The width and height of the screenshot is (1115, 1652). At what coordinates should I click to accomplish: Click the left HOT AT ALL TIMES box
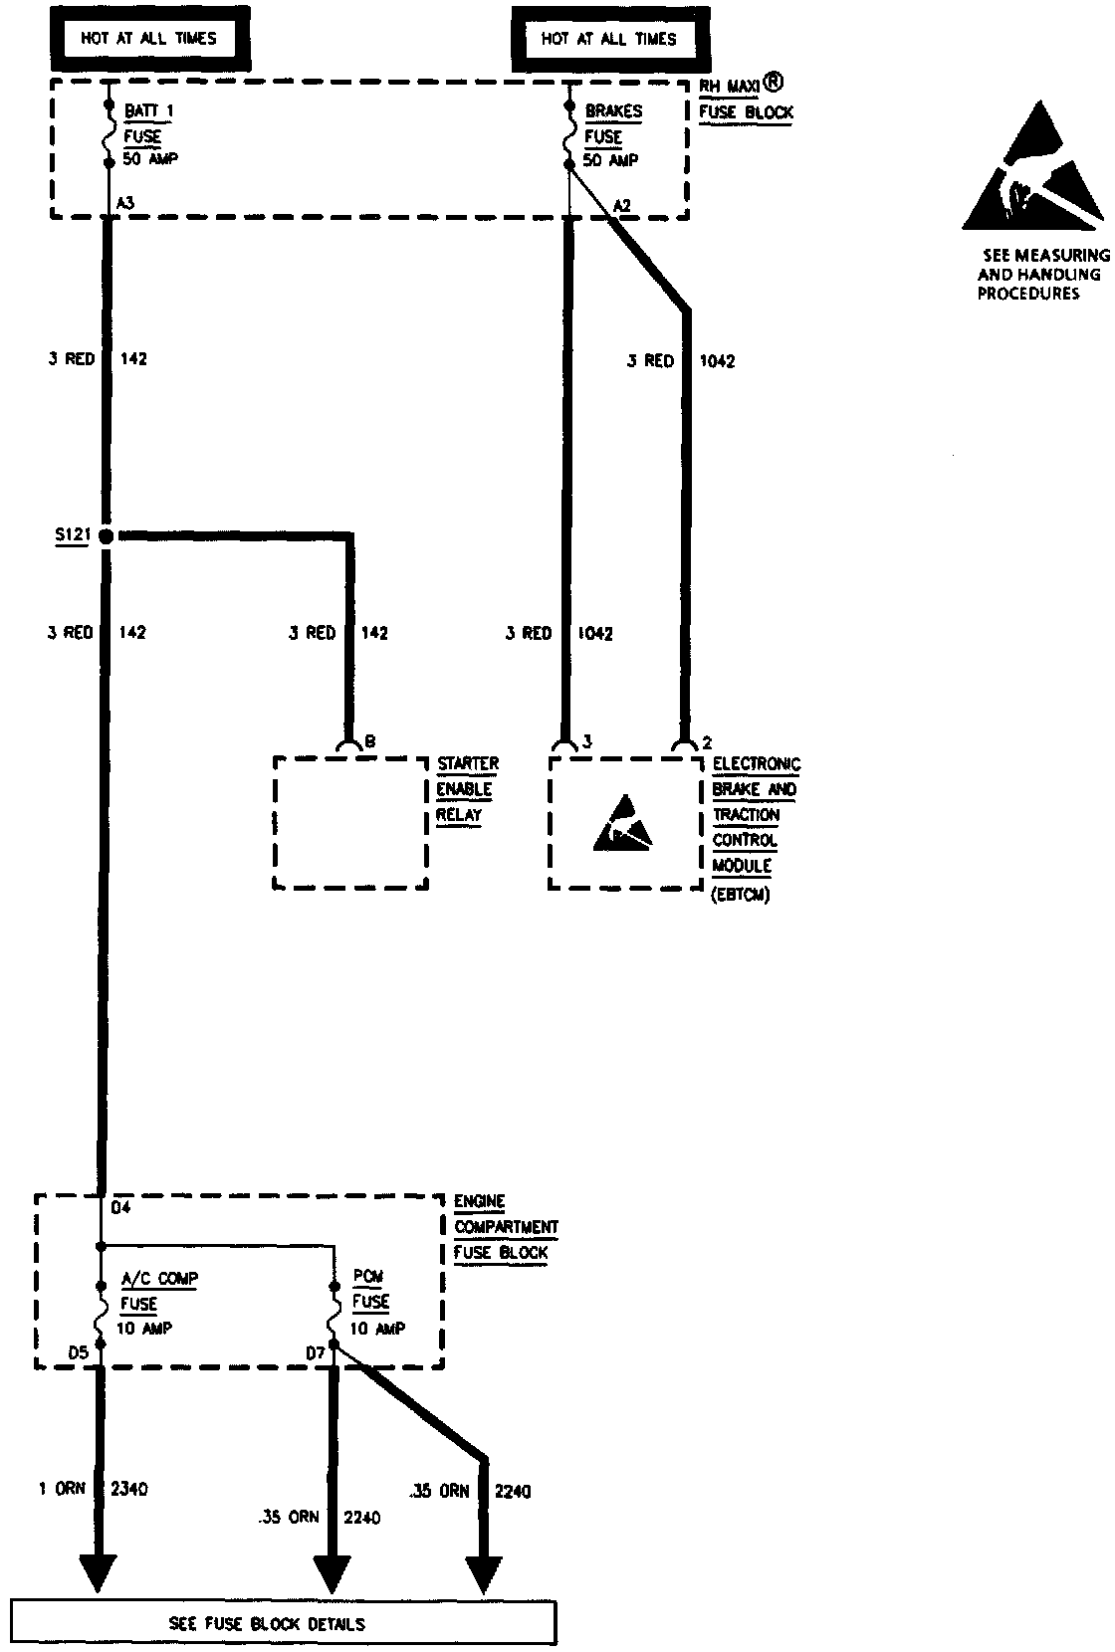tap(148, 39)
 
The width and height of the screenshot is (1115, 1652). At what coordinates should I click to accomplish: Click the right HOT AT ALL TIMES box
tap(608, 40)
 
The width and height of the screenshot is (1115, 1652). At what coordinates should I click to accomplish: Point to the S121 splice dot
tap(108, 535)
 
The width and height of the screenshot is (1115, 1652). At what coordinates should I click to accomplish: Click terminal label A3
tap(125, 203)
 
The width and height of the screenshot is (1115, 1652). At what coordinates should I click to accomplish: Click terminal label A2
tap(622, 206)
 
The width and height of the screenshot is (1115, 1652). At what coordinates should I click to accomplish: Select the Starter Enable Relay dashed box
tap(350, 823)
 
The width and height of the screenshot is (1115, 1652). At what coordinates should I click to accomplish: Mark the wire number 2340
tap(129, 1489)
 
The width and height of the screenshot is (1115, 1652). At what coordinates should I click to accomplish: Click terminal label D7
tap(316, 1352)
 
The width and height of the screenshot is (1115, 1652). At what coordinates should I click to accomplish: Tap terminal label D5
tap(79, 1352)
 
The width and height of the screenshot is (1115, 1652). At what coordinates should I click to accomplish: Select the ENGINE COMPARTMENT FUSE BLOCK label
tap(506, 1227)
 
